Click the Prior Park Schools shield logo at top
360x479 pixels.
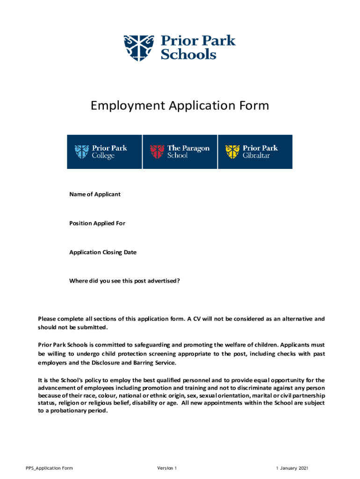coord(138,47)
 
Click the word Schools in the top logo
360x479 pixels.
coord(188,54)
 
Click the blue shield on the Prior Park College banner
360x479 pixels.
coord(81,152)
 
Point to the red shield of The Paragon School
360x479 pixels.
coord(157,152)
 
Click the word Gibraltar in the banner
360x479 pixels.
coord(256,155)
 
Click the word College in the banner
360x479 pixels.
coord(103,155)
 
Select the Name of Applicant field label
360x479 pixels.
coord(95,194)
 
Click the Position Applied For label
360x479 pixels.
coord(97,223)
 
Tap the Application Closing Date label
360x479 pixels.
coord(103,252)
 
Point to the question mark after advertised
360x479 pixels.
coord(179,281)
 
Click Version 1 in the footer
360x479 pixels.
coord(167,468)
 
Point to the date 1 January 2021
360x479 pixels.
coord(292,468)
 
